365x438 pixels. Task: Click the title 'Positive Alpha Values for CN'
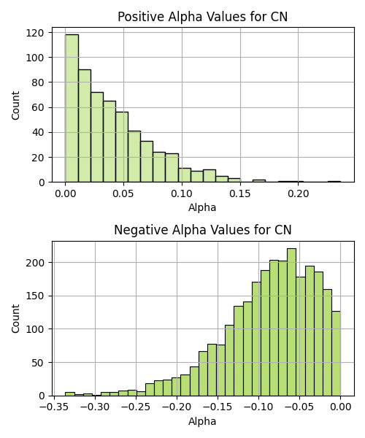tap(202, 17)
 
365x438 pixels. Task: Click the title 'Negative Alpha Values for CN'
tap(203, 230)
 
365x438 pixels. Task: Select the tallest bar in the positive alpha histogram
tap(72, 108)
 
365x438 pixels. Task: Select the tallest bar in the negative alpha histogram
tap(291, 322)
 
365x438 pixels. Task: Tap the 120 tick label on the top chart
tap(34, 33)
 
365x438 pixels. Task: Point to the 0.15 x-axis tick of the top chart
tap(240, 193)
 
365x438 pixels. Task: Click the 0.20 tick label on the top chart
tap(299, 193)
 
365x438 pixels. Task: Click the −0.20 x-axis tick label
tap(177, 407)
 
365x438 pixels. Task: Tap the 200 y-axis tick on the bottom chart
tap(34, 263)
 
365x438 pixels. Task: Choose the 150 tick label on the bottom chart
tap(34, 296)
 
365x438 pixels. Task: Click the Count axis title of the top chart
tap(15, 105)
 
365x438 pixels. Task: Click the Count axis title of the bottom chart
tap(15, 319)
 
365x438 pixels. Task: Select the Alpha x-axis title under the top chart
tap(202, 207)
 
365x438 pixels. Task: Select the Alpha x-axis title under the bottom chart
tap(202, 421)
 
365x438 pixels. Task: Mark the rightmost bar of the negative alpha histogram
tap(337, 353)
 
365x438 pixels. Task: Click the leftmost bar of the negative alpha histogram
tap(70, 394)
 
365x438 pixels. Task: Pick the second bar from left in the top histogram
tap(85, 126)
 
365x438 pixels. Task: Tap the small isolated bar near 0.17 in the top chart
tap(259, 181)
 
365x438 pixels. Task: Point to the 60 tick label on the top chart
tap(38, 107)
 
